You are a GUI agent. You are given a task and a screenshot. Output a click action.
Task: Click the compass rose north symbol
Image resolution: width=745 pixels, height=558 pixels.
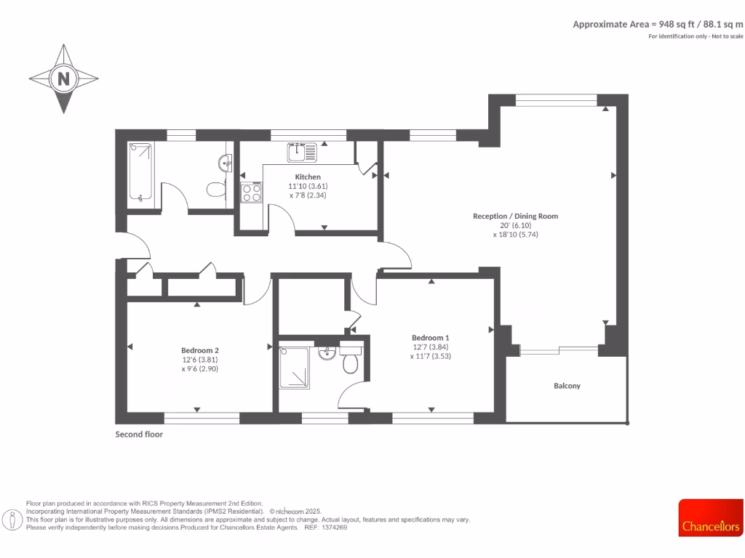63,78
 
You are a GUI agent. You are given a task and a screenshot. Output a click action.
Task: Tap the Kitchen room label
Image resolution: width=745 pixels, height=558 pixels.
307,177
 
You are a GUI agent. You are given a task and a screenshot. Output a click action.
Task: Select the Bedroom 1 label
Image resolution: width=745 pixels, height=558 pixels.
430,338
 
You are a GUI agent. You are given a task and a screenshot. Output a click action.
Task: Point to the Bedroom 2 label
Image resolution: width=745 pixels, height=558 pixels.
200,349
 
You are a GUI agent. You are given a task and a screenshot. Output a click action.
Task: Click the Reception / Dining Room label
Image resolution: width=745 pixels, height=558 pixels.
515,216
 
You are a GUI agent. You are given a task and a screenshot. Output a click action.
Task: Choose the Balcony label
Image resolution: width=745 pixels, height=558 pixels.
567,386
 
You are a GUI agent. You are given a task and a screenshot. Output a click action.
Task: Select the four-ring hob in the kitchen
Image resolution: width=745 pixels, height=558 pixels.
252,193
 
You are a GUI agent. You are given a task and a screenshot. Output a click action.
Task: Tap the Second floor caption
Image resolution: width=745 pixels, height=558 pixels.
139,434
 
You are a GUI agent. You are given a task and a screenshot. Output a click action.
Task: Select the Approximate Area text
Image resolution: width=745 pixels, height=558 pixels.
658,24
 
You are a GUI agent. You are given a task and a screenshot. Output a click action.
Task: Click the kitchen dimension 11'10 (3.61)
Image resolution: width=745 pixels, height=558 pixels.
307,186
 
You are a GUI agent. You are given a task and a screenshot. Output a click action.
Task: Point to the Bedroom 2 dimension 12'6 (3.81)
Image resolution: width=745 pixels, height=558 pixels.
200,359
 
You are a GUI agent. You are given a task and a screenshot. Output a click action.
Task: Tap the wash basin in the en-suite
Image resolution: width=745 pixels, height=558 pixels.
327,353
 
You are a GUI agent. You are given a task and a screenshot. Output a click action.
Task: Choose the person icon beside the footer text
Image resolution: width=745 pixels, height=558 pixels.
12,519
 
